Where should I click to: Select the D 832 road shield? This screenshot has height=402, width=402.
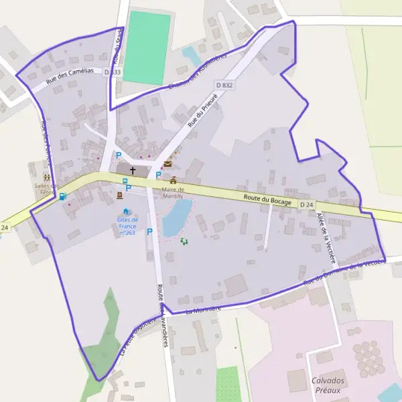click(224, 85)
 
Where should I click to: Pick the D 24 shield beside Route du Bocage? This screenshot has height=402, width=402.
click(306, 204)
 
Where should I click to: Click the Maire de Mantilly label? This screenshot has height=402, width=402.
click(173, 193)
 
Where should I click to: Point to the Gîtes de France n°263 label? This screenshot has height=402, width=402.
click(127, 226)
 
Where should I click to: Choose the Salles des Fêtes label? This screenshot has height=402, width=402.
click(46, 189)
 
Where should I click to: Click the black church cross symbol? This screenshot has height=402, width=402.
click(132, 171)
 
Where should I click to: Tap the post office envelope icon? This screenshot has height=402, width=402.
click(167, 163)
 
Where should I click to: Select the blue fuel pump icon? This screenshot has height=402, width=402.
click(62, 196)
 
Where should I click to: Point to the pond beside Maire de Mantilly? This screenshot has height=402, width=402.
click(178, 217)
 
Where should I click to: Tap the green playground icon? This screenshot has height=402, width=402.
click(184, 241)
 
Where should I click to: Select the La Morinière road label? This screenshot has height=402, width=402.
click(203, 310)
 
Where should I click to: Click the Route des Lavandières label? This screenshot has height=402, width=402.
click(161, 315)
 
